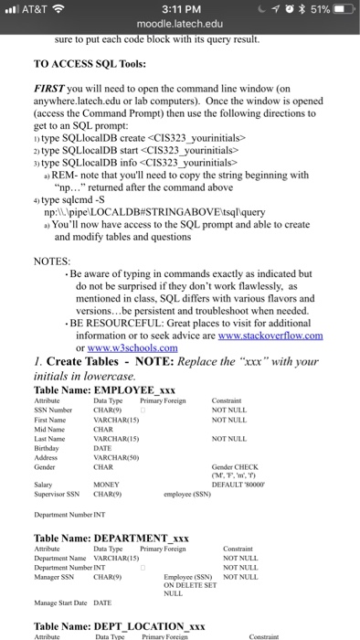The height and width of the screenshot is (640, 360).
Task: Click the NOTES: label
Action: (x=52, y=236)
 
